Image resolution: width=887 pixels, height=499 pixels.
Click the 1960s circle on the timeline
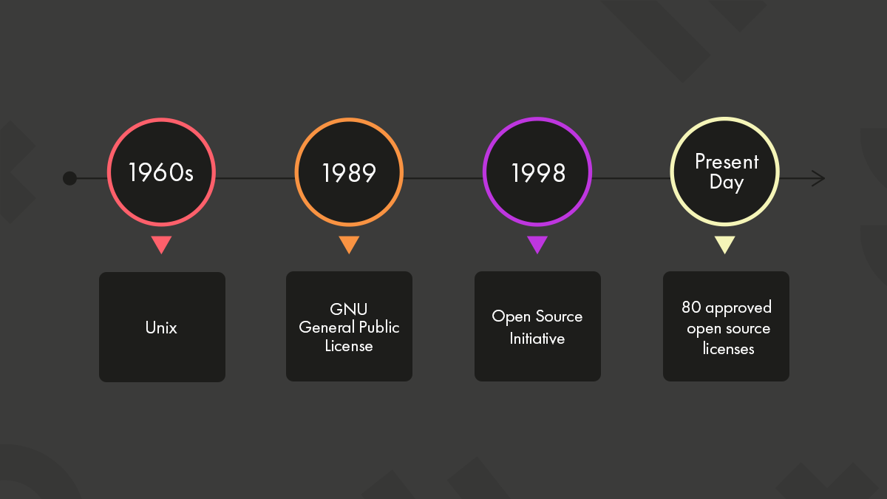(x=161, y=172)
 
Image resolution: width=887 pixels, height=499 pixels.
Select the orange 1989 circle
(x=349, y=172)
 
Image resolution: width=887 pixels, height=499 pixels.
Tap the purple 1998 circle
(x=537, y=172)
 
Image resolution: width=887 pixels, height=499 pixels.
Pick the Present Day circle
(x=725, y=172)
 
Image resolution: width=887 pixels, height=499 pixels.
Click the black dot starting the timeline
(x=69, y=178)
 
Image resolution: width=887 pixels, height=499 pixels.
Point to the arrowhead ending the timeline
(x=818, y=178)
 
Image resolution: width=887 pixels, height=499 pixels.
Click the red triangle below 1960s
(x=161, y=244)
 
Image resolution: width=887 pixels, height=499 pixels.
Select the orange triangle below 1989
(x=349, y=244)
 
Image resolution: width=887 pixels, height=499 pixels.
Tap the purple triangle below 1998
(x=537, y=244)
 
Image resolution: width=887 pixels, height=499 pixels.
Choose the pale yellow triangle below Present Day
(x=725, y=244)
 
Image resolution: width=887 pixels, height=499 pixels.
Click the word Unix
(x=161, y=327)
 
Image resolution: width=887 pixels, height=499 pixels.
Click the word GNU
(x=349, y=309)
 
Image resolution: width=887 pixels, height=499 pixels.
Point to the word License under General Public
(x=349, y=346)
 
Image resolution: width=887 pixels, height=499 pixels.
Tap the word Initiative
(x=537, y=339)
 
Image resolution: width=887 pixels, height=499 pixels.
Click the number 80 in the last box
(x=691, y=307)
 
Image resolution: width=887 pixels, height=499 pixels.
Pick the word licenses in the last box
(x=728, y=348)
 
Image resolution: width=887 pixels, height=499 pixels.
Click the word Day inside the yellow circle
(x=726, y=183)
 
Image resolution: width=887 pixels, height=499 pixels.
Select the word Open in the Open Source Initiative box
(x=511, y=317)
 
